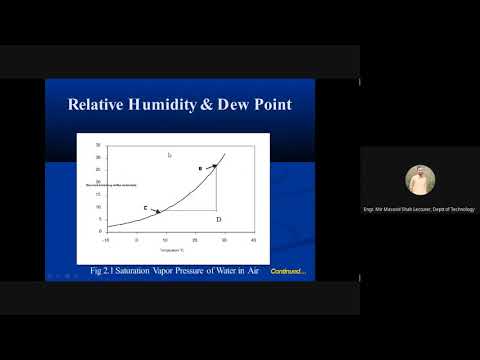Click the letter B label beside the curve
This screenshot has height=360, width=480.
coord(200,168)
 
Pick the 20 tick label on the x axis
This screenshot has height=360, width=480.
coord(194,241)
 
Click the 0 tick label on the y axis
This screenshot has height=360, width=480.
coord(101,231)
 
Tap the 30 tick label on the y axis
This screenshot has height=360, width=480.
coord(99,145)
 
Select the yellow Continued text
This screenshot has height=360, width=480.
coord(288,271)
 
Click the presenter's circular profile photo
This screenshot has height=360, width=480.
coord(419,180)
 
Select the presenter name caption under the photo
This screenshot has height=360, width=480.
coord(419,209)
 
